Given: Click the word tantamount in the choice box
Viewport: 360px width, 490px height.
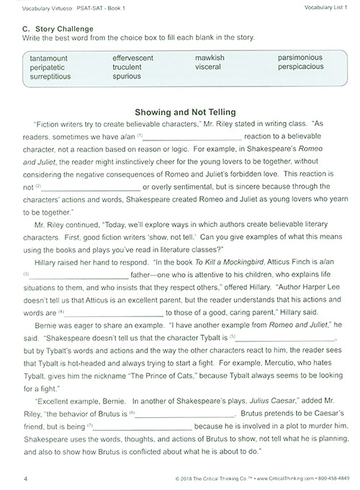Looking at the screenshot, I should click(50, 57).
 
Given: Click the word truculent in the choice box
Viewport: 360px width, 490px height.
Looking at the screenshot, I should click(132, 66).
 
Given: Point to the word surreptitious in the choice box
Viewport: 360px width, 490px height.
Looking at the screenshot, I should click(51, 76).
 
